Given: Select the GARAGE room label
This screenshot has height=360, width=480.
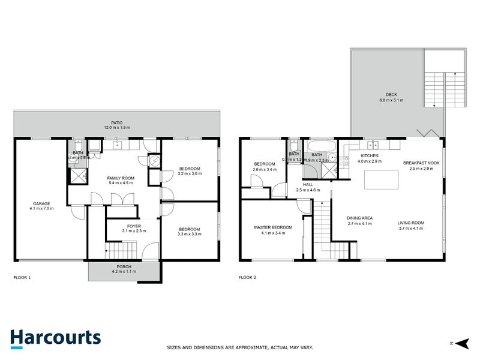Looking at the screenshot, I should [41, 203].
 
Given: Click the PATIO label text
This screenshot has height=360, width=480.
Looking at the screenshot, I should [117, 123].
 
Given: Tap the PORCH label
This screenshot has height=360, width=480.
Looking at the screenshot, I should [124, 266].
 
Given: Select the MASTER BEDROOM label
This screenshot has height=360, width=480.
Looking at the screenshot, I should [273, 227].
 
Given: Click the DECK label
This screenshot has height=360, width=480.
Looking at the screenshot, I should [391, 95].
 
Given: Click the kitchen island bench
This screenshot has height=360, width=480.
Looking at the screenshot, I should [382, 179].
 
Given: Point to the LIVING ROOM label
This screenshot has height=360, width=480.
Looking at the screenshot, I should [410, 223].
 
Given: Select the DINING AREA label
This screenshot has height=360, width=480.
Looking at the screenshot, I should [360, 218].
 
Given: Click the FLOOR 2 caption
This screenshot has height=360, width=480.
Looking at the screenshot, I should [247, 277].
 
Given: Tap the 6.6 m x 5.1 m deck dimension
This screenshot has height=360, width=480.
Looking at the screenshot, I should [391, 100].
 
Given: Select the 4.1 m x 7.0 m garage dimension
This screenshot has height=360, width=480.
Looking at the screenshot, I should [41, 209].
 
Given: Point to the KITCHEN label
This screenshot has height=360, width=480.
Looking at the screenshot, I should [369, 155].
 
